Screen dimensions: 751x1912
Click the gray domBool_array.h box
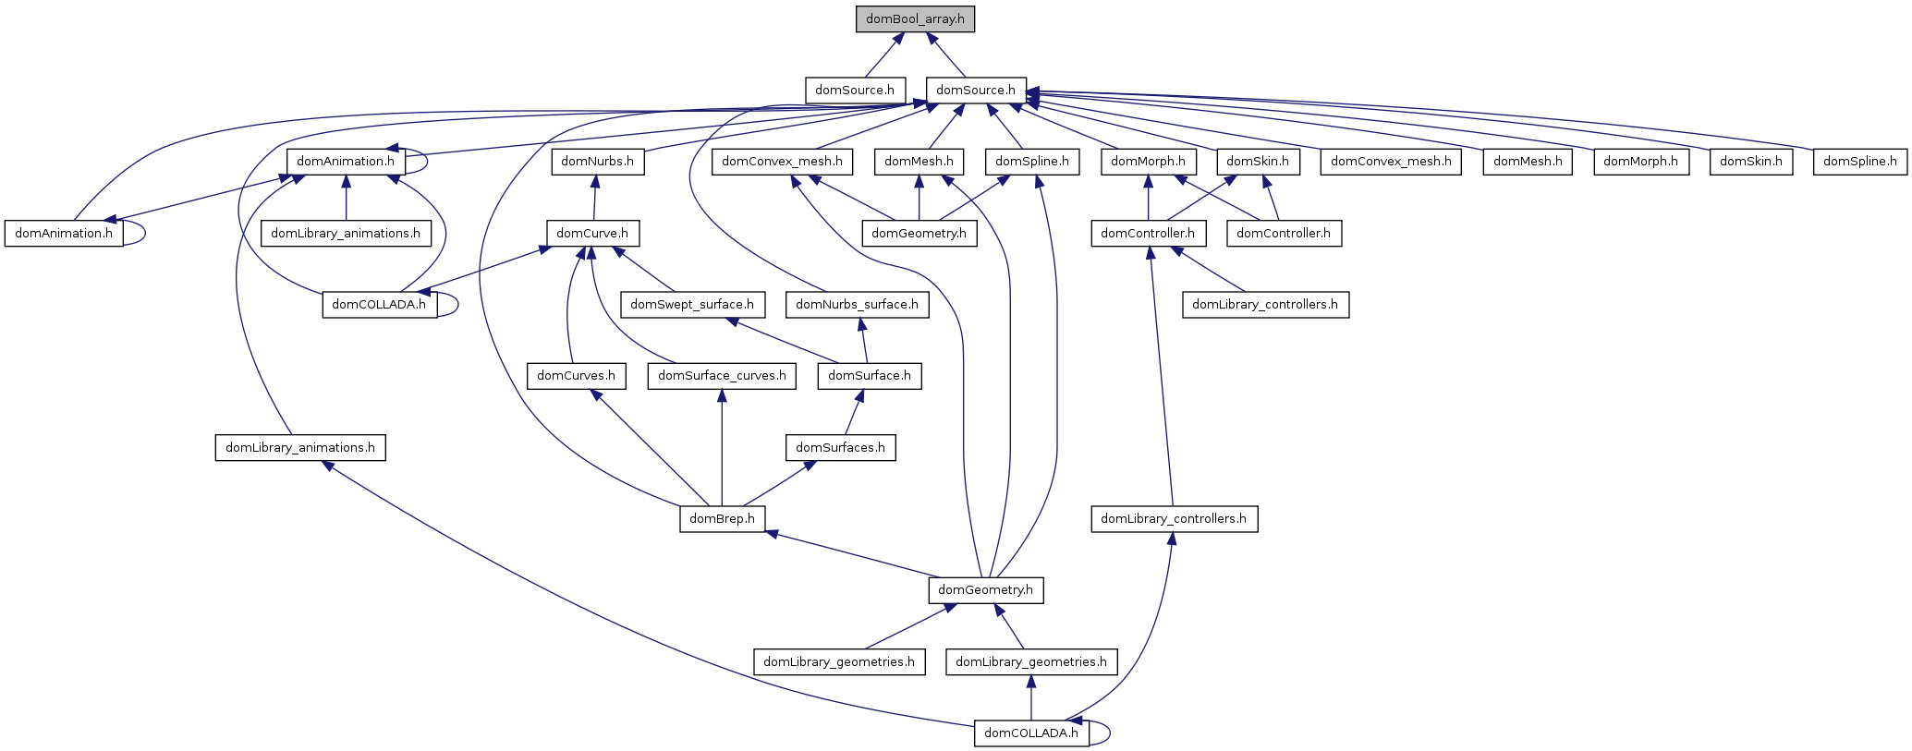click(915, 19)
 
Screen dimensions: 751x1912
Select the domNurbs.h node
click(598, 162)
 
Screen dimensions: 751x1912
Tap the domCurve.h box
click(592, 233)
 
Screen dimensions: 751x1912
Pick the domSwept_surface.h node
click(692, 305)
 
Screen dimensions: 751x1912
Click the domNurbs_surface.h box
click(857, 305)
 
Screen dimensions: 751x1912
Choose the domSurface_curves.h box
click(722, 376)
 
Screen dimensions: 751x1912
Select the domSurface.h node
click(870, 376)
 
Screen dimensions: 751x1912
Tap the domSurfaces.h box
click(840, 448)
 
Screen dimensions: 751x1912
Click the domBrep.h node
click(723, 519)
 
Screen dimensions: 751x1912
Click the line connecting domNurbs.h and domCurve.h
click(595, 198)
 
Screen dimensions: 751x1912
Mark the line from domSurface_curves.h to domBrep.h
click(722, 453)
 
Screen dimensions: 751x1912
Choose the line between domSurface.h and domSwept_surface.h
click(786, 341)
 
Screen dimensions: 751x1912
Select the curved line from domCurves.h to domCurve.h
click(566, 305)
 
